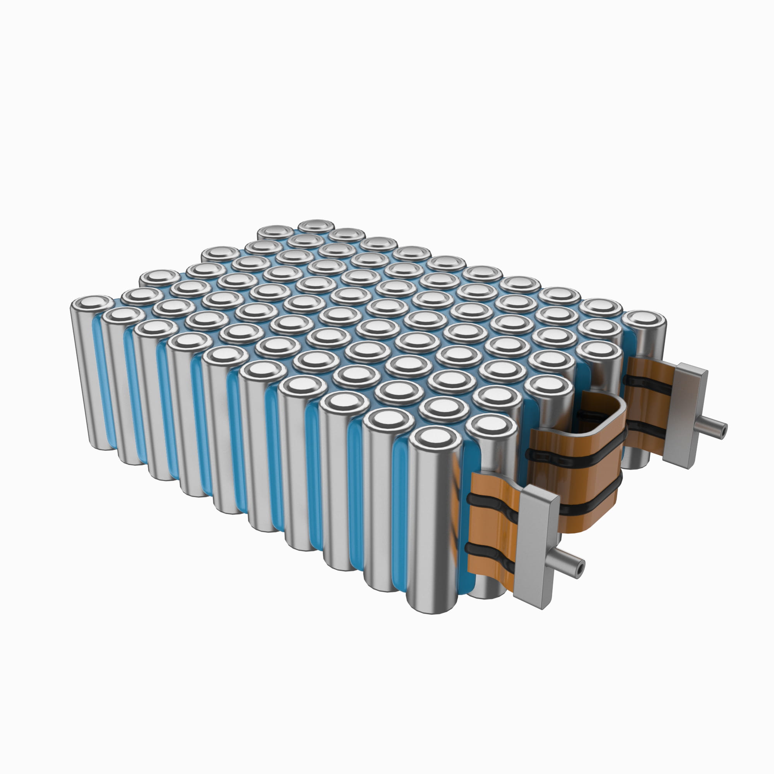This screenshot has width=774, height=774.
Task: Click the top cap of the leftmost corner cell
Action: pos(92,304)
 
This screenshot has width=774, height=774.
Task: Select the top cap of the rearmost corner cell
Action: pos(317,226)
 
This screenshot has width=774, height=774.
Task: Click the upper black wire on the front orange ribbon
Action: pos(495,503)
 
